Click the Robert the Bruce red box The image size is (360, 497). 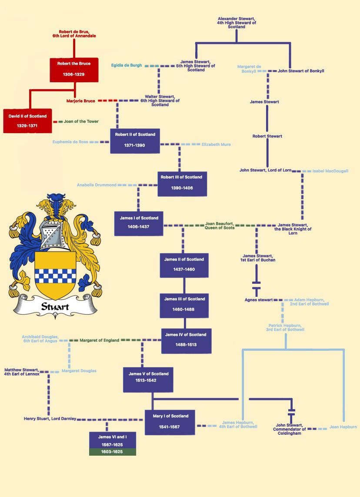point(73,69)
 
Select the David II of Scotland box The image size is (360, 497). point(27,121)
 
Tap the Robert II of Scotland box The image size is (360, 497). point(135,140)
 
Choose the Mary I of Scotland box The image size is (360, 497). point(170,422)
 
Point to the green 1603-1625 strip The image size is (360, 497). point(113,452)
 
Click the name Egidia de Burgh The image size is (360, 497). point(127,65)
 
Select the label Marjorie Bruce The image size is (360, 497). point(81,101)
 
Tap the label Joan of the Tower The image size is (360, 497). point(81,121)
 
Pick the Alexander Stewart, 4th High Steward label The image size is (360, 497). point(237,23)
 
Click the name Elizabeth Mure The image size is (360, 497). point(216,144)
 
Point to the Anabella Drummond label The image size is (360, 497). point(97,185)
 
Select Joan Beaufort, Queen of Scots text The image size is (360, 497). point(220,225)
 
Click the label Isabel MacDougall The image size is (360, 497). point(330,171)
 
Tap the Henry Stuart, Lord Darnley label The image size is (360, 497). point(50,419)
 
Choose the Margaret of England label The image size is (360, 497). point(99,340)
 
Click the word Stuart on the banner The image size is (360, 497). point(55,306)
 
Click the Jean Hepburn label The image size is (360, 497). point(343,427)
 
